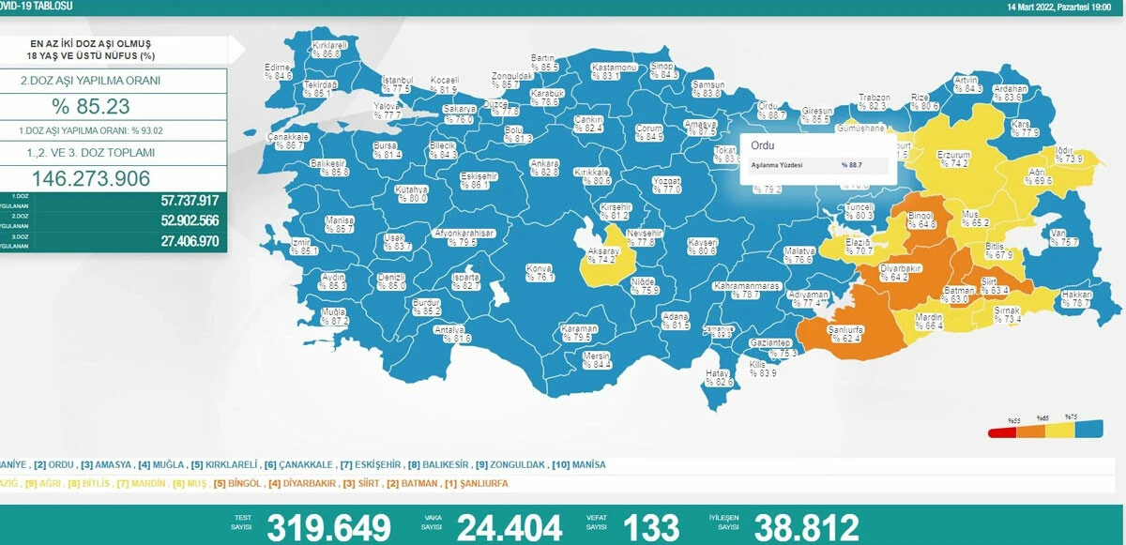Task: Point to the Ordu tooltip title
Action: pos(763,145)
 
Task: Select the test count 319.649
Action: pos(328,527)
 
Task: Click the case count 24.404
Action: pos(509,527)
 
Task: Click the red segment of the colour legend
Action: pos(1003,432)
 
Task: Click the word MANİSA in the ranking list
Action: pos(586,464)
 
